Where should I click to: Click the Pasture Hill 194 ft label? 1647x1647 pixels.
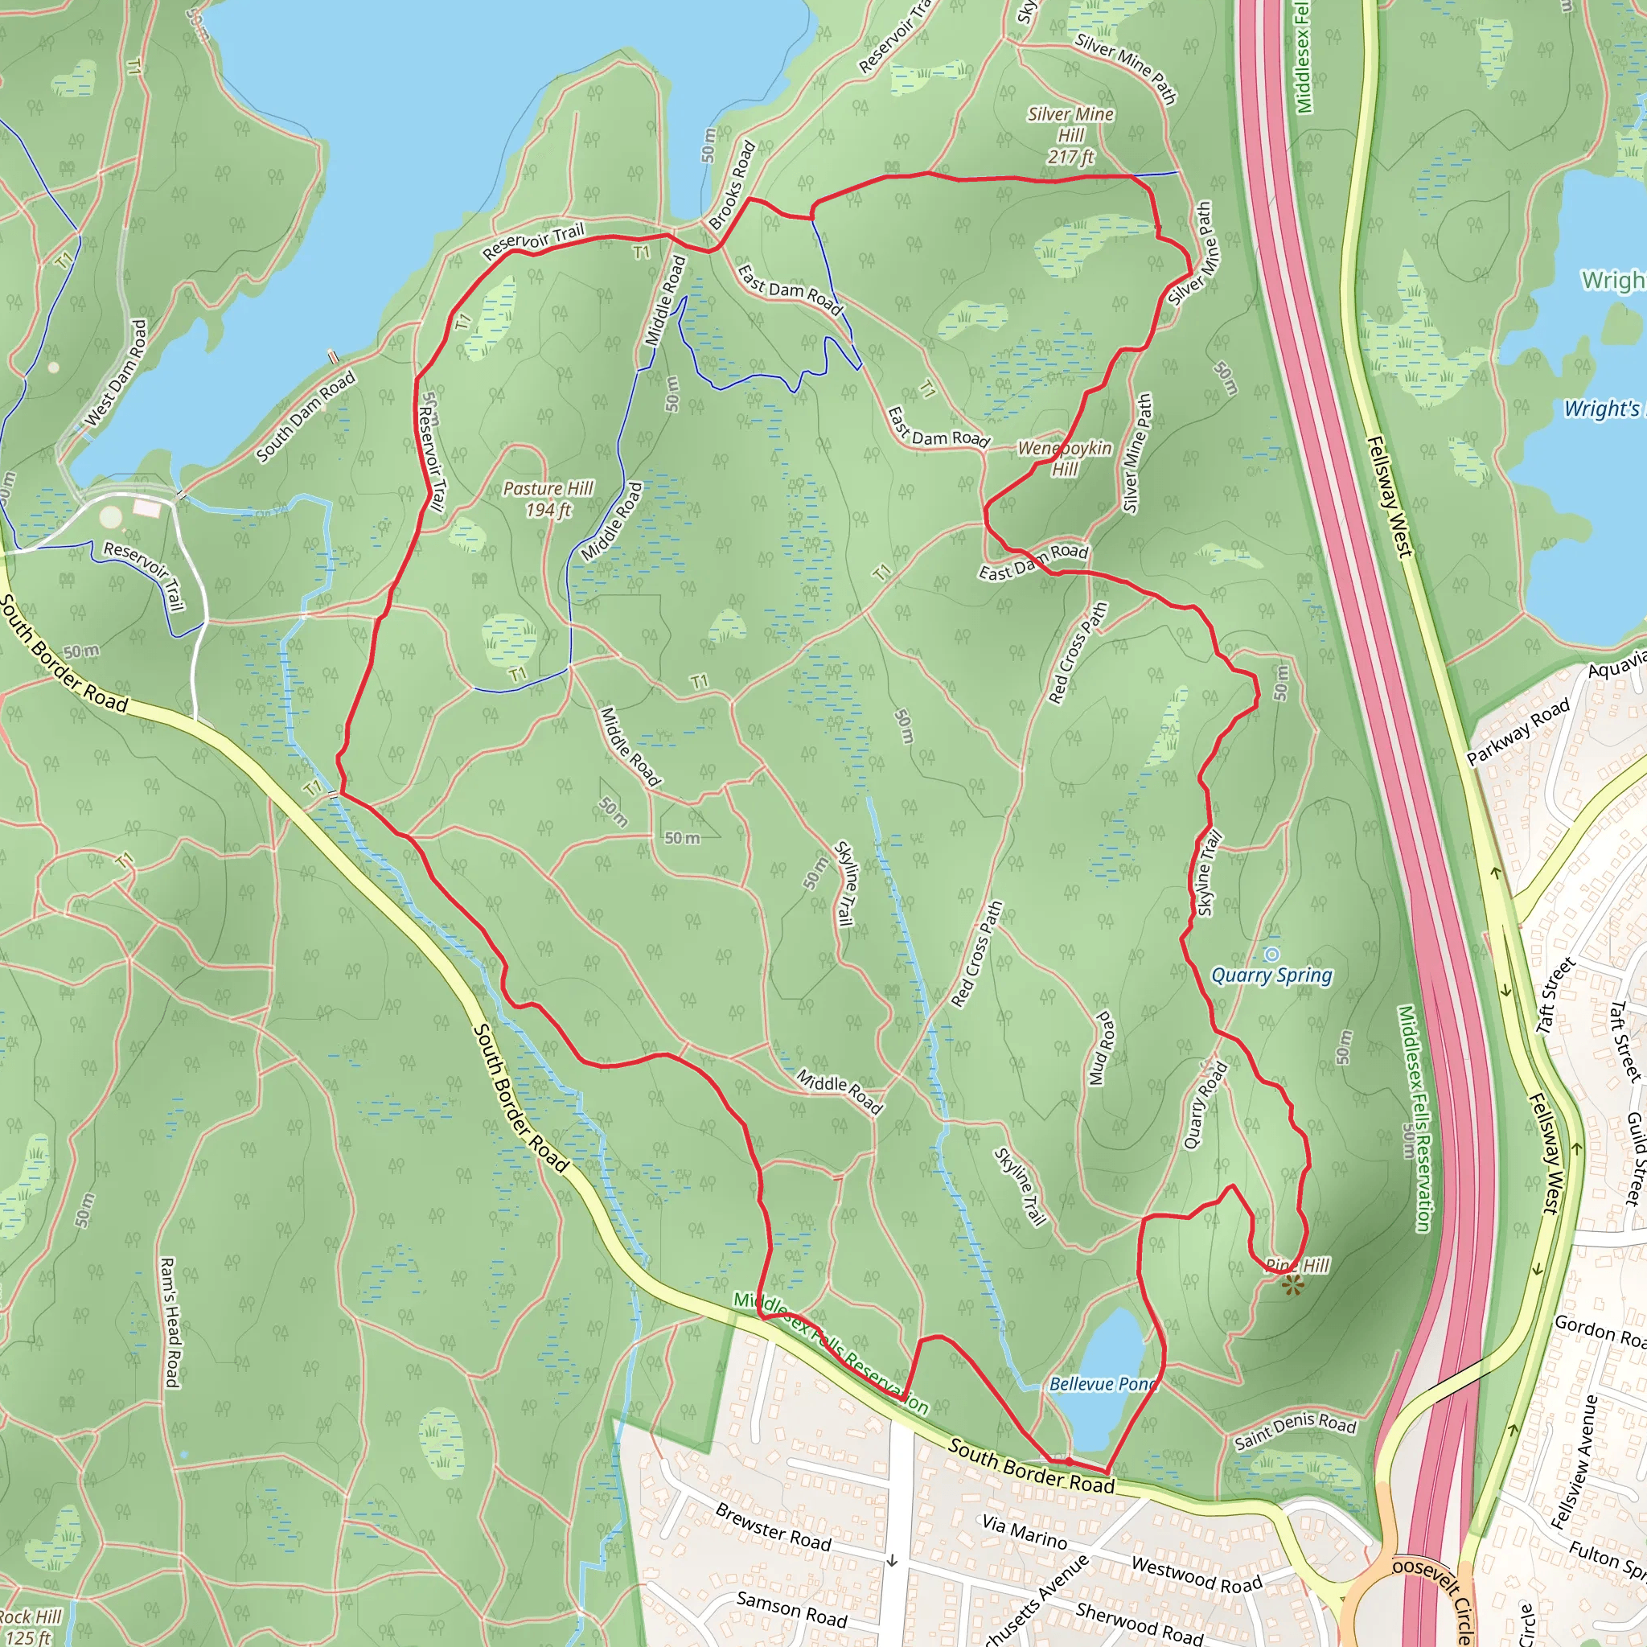click(548, 499)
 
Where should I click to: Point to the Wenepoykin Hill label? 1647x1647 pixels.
click(1065, 458)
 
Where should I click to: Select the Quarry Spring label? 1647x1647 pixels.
click(1271, 975)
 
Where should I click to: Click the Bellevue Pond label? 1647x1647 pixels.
click(1103, 1383)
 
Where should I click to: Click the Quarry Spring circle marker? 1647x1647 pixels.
click(1272, 954)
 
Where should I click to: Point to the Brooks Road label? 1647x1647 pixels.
click(733, 186)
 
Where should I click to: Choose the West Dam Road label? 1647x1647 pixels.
click(117, 373)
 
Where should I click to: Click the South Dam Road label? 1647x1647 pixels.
click(305, 417)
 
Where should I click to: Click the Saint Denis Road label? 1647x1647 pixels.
click(1295, 1432)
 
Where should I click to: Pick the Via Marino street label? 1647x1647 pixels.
click(1024, 1532)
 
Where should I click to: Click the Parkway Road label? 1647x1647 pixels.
click(1518, 733)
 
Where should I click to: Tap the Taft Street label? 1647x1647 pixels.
click(1556, 996)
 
